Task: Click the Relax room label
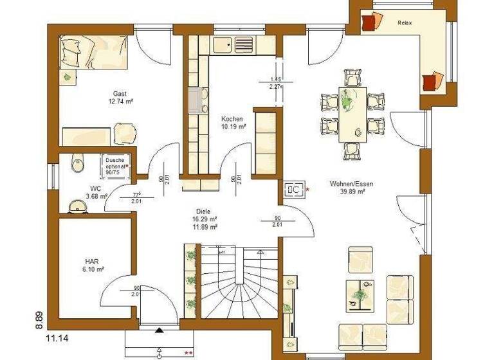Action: tap(405, 23)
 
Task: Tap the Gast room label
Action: tap(120, 93)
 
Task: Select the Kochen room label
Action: tap(232, 119)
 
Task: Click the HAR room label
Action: tap(91, 262)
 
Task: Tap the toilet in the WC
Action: tap(77, 164)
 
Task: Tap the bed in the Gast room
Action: tap(94, 51)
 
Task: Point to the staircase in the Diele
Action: tap(239, 283)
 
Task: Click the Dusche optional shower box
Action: tap(117, 165)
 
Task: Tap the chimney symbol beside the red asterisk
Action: tap(293, 189)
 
